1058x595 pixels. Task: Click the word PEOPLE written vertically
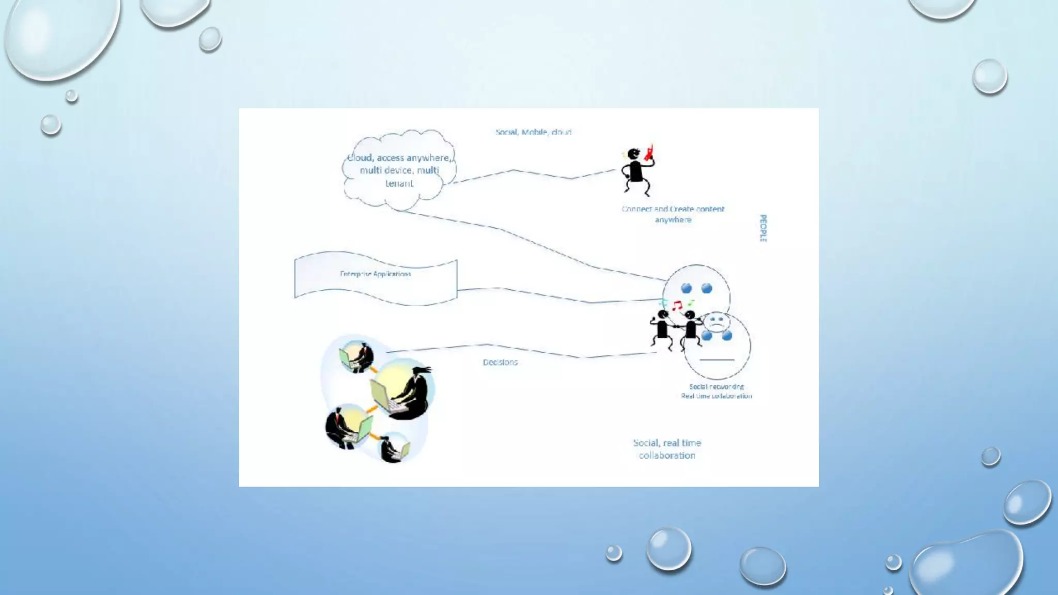pos(763,228)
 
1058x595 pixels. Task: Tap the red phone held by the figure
pos(649,152)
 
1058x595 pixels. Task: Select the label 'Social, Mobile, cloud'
pos(533,132)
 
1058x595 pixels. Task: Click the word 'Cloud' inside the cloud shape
pos(360,158)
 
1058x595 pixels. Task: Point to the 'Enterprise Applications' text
pos(376,274)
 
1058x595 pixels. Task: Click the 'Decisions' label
pos(500,363)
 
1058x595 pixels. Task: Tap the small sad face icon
pos(716,322)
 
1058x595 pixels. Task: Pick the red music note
pos(677,305)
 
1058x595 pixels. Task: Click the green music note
pos(691,303)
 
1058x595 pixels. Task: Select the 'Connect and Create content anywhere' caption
pos(673,214)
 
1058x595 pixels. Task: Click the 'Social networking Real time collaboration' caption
pos(716,392)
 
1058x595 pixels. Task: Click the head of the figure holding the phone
pos(633,154)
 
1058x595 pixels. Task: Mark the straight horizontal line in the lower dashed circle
pos(717,359)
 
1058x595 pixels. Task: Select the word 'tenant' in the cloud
pos(399,183)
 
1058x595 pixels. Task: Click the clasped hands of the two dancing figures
pos(676,327)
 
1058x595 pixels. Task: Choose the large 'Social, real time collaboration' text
pos(667,449)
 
